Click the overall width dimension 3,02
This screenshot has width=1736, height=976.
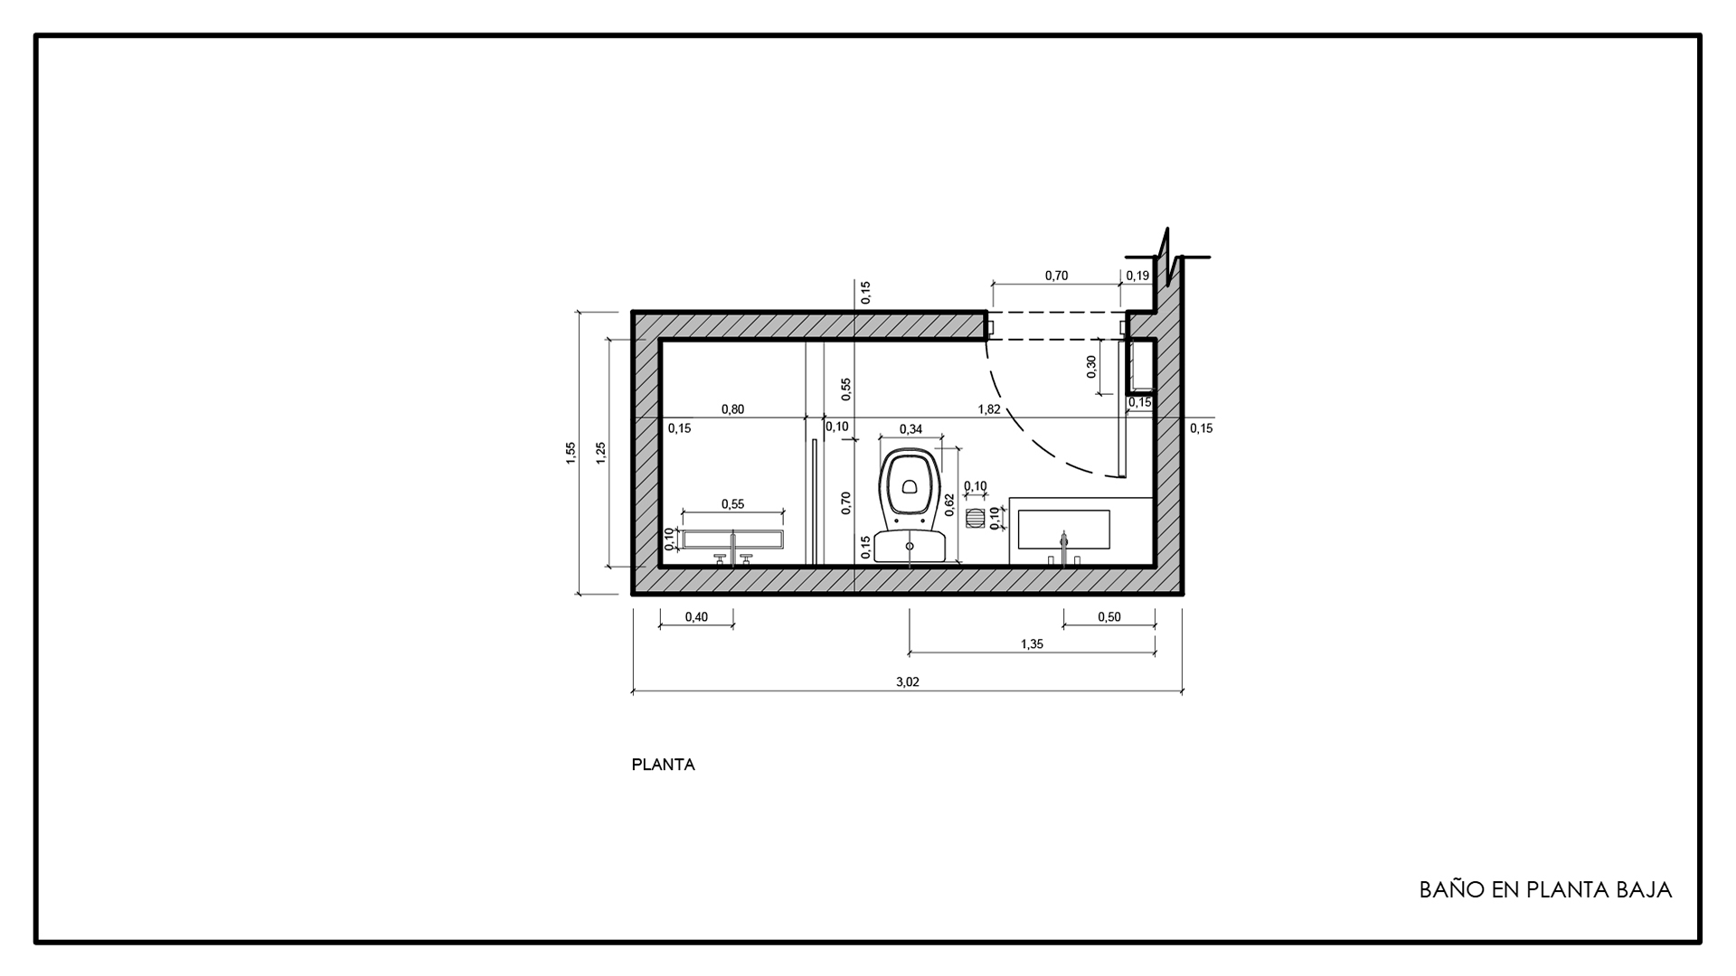(907, 682)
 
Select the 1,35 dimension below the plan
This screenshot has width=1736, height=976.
(1032, 644)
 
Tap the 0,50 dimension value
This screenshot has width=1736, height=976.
(1109, 617)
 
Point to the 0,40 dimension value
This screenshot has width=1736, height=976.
(696, 617)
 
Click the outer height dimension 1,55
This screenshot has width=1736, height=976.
(571, 453)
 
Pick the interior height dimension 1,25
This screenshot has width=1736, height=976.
(601, 453)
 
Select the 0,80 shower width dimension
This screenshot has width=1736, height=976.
(732, 409)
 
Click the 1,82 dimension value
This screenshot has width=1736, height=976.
(989, 409)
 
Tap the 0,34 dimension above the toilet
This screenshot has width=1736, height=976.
(911, 429)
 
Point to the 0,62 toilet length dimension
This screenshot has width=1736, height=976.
(948, 504)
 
